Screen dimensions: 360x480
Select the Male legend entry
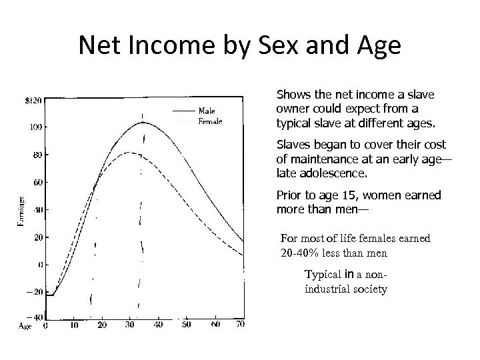pyautogui.click(x=207, y=111)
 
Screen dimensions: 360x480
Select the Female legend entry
pyautogui.click(x=210, y=122)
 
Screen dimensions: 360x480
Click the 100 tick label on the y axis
pyautogui.click(x=35, y=127)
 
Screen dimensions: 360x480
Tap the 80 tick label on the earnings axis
pyautogui.click(x=36, y=155)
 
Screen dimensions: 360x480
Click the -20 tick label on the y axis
pyautogui.click(x=33, y=292)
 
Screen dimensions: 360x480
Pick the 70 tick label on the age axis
pyautogui.click(x=240, y=325)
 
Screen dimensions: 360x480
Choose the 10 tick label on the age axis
pyautogui.click(x=73, y=325)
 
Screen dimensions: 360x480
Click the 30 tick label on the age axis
pyautogui.click(x=129, y=325)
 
